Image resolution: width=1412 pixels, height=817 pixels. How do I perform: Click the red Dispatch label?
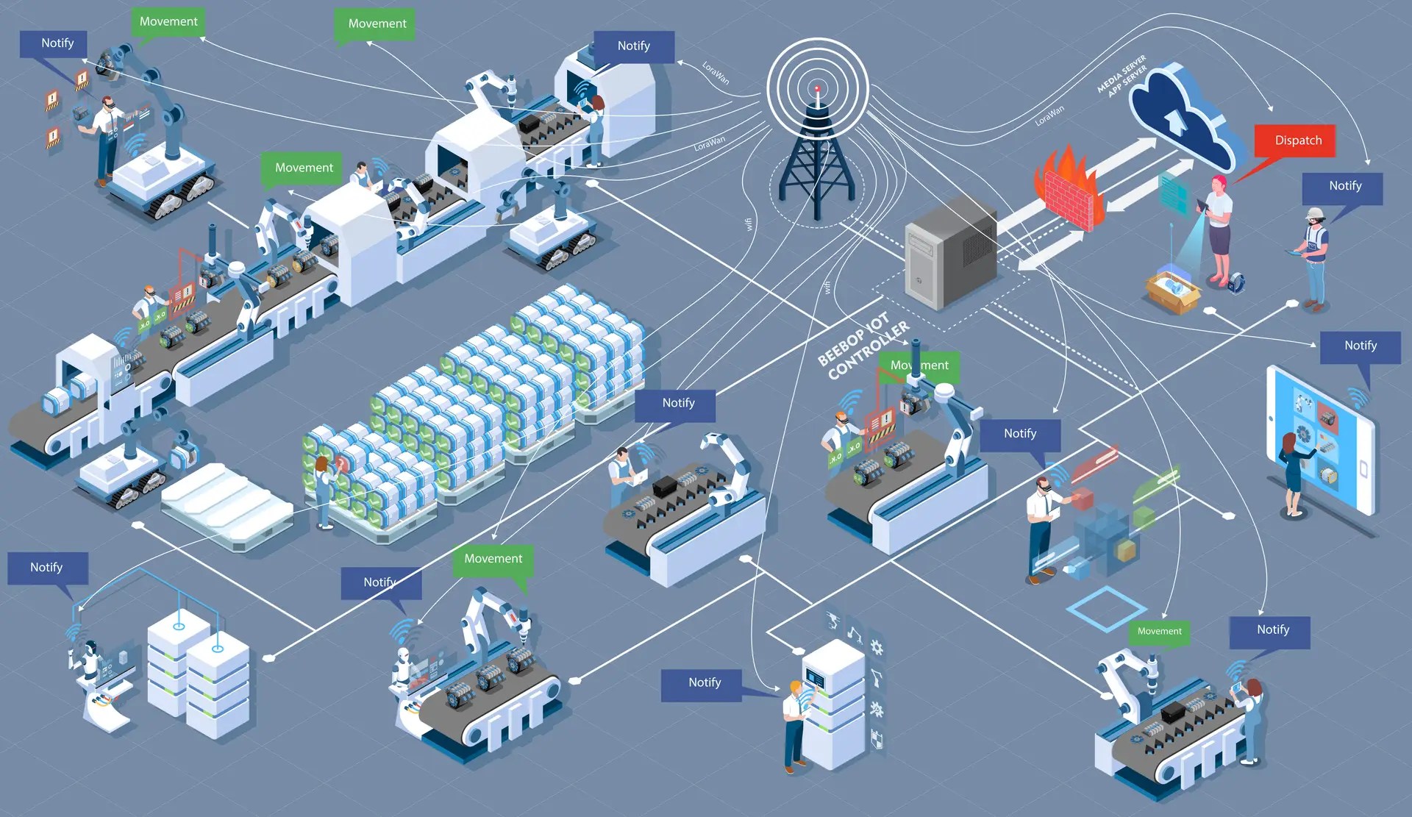1298,140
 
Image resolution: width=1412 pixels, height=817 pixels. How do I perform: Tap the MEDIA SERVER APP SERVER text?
1122,76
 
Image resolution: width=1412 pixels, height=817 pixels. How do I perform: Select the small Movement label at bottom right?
1159,631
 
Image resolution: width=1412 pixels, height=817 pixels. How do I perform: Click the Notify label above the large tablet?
1360,346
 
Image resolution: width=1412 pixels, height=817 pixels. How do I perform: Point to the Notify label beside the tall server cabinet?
704,682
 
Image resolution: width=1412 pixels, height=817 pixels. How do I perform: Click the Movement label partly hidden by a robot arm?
920,365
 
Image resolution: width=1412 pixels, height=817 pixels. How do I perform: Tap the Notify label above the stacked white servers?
47,568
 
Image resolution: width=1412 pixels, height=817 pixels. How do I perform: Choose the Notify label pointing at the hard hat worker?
1344,187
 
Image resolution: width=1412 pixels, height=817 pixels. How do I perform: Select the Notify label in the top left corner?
57,43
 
